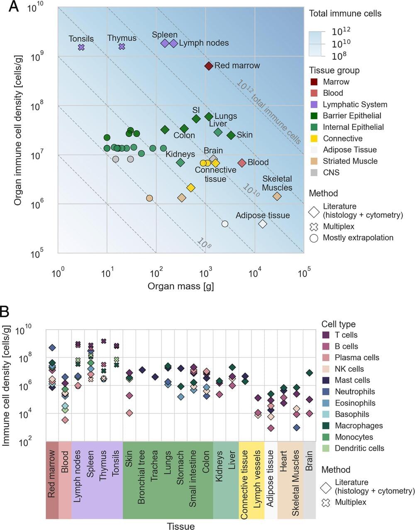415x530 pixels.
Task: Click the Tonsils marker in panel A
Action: point(81,47)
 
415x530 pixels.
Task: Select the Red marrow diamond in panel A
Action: point(209,66)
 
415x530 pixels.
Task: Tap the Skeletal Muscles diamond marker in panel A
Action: point(277,196)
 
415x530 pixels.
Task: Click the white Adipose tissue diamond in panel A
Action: point(263,224)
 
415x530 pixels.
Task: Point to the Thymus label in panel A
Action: point(122,38)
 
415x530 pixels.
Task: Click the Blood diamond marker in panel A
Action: point(242,163)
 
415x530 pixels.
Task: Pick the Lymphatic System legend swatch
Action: point(314,105)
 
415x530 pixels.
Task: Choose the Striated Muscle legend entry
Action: point(350,161)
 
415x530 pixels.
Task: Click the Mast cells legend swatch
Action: point(326,380)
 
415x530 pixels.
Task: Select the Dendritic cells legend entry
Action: point(359,448)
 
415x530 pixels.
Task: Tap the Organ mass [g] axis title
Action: point(181,286)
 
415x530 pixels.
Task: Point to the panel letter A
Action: point(13,7)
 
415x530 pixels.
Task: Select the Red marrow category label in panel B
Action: point(52,474)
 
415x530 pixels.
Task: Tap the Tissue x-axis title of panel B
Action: point(181,526)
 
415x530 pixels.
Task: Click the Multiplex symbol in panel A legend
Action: point(314,226)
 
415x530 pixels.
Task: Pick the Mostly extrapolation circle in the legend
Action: point(314,238)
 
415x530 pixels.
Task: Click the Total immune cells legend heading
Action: point(345,13)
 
